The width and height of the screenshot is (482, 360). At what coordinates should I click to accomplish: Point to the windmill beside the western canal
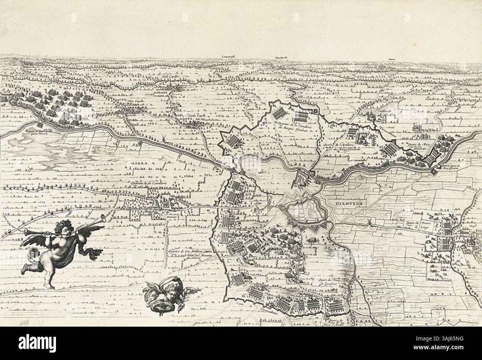tap(162, 139)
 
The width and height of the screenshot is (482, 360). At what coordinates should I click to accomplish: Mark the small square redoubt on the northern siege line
tap(316, 111)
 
